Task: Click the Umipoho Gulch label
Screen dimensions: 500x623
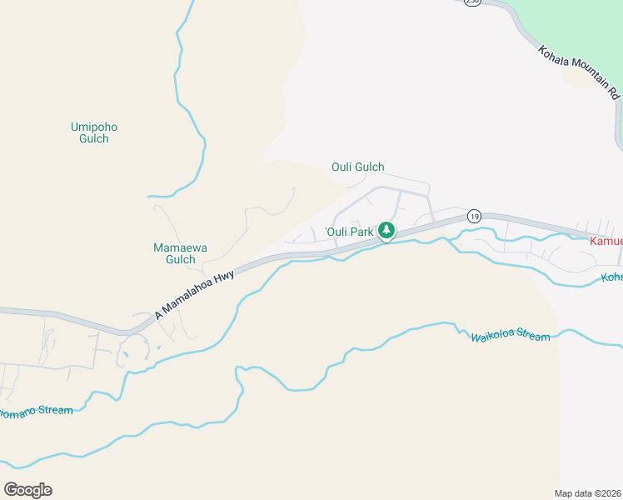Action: (94, 132)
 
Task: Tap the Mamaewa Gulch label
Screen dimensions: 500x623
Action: (174, 253)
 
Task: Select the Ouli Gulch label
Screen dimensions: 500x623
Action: (358, 167)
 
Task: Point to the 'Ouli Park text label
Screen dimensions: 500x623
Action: (348, 232)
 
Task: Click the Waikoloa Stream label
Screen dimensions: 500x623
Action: (511, 337)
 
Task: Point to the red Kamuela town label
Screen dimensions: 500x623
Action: (606, 241)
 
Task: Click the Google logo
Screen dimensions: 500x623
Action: (27, 489)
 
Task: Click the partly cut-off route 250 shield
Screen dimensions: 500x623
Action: (472, 2)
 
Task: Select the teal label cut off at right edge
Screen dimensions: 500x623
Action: (612, 277)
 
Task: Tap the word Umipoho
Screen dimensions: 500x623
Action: (94, 127)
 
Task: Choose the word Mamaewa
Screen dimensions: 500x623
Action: (174, 247)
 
